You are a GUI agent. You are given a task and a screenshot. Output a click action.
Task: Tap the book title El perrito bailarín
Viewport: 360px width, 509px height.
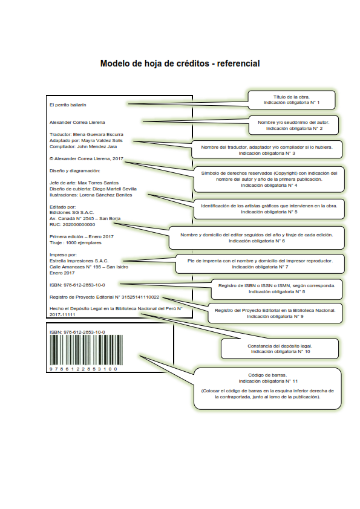tap(68, 105)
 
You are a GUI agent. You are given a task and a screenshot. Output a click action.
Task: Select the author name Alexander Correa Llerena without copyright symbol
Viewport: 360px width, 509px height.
tap(77, 122)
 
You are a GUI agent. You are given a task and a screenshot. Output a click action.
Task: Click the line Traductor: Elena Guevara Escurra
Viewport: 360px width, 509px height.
tap(87, 134)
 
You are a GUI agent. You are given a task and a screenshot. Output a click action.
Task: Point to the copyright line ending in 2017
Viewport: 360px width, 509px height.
tap(87, 159)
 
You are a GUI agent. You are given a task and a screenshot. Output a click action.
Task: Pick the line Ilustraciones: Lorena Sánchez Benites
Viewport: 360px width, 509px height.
tap(91, 195)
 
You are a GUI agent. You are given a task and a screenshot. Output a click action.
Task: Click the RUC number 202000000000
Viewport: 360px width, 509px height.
tap(73, 225)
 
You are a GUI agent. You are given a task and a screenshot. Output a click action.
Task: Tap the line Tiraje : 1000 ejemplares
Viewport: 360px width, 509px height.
tap(76, 243)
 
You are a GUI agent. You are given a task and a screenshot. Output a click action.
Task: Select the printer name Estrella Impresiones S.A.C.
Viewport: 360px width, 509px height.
tap(79, 261)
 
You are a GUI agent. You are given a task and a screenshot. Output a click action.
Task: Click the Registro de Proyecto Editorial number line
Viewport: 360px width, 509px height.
tap(104, 297)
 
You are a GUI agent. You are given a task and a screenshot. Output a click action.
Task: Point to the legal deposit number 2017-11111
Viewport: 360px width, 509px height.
tap(62, 315)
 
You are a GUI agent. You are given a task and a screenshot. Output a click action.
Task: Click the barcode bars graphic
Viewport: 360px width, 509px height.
tap(86, 350)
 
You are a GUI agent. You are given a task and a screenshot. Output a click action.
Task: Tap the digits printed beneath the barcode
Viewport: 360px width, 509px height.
tap(83, 369)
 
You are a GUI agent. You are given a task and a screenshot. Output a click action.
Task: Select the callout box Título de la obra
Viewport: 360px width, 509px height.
tap(292, 100)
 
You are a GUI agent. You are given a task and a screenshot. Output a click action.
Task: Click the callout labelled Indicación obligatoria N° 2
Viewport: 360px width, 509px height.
tap(293, 125)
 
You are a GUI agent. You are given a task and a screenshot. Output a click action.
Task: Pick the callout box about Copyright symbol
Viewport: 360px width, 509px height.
tap(269, 179)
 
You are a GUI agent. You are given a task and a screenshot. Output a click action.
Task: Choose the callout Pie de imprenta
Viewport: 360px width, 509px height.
tap(260, 264)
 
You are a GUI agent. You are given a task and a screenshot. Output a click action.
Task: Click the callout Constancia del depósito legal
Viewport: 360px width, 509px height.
tap(280, 349)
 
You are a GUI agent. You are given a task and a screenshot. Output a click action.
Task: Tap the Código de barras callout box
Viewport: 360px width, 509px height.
tap(267, 389)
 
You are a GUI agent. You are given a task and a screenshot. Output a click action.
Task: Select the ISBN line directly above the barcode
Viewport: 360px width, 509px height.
tap(77, 332)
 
